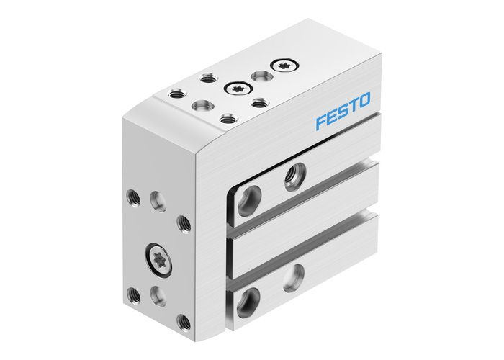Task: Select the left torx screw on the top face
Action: [x=235, y=89]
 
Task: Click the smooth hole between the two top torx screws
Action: [x=258, y=76]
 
